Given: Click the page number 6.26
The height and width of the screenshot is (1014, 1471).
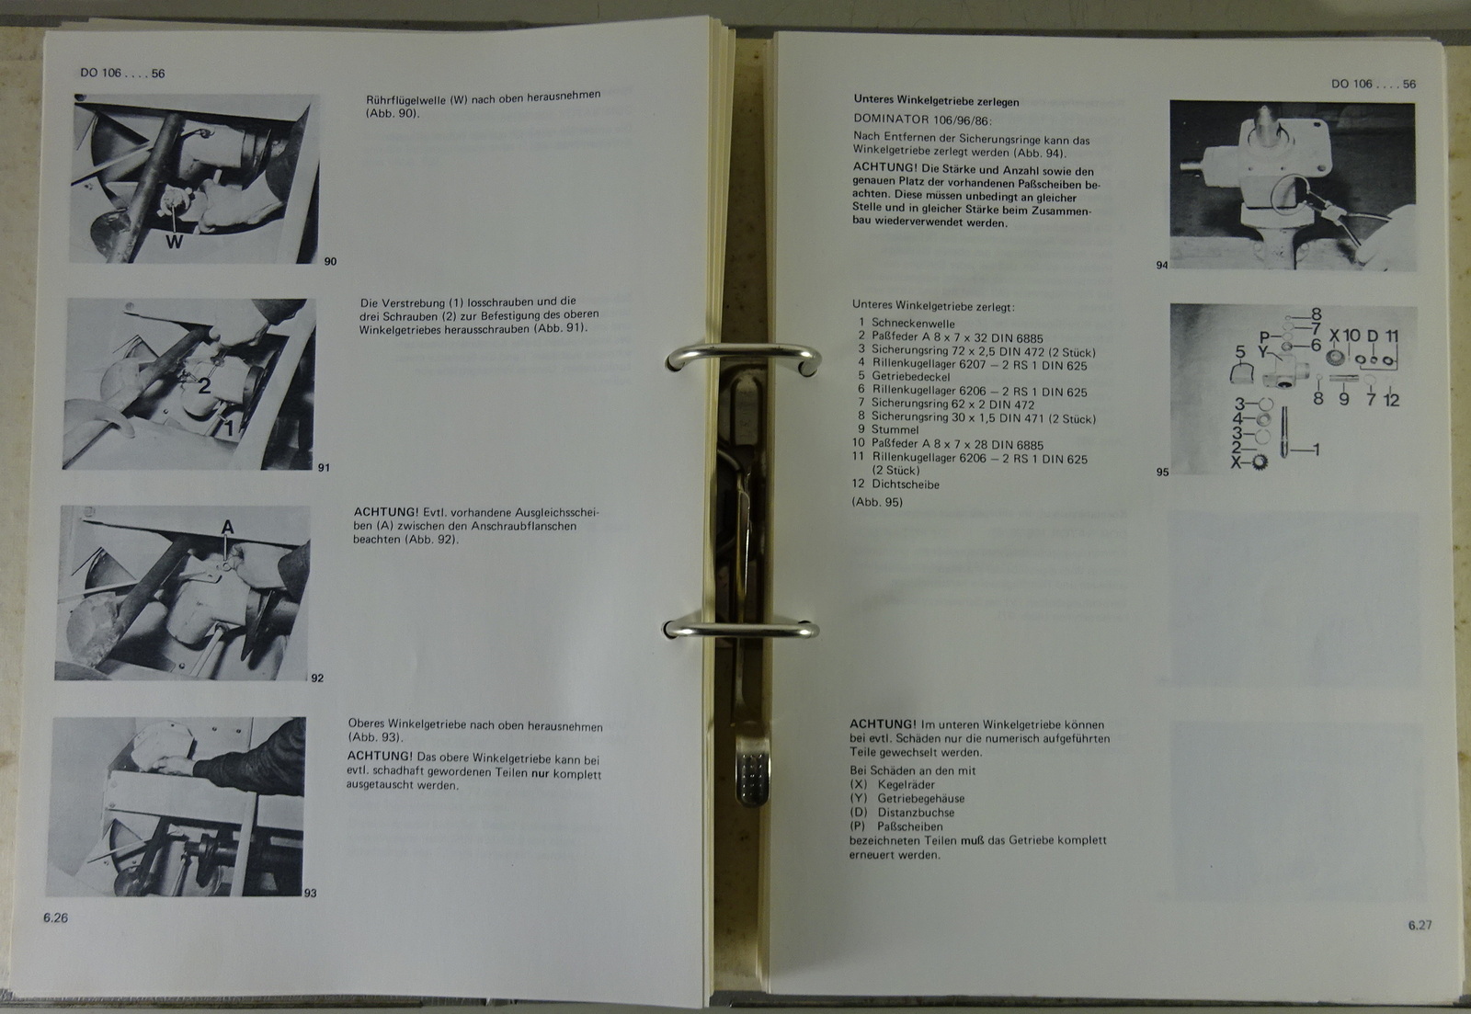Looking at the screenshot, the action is [x=56, y=917].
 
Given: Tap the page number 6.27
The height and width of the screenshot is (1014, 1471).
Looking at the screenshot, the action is [x=1420, y=926].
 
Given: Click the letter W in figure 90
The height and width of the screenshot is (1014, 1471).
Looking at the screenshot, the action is [x=174, y=242].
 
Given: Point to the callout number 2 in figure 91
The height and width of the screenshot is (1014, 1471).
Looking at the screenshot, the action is [x=204, y=385].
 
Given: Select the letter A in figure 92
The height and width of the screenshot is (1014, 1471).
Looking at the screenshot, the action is [x=227, y=527].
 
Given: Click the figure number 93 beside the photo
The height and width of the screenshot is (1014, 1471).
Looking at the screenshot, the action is [x=311, y=894].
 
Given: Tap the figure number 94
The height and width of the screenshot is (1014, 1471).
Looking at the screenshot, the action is [x=1162, y=266].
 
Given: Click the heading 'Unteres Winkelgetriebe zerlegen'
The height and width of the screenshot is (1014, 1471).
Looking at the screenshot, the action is [x=937, y=101].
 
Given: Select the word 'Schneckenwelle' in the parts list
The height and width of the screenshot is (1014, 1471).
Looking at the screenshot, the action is [x=914, y=323].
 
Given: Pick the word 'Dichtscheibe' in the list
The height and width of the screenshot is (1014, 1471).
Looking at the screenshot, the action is [x=906, y=484].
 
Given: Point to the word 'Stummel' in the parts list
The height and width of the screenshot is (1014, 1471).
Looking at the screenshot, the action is [x=895, y=429].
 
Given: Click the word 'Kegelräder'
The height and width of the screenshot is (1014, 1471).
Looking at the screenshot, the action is [x=907, y=785].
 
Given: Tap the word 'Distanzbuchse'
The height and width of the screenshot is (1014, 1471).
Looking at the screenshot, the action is [x=916, y=813].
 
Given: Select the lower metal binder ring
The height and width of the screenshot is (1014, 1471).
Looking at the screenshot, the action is [x=742, y=629].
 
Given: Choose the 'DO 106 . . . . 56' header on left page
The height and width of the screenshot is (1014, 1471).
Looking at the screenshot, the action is [x=122, y=73].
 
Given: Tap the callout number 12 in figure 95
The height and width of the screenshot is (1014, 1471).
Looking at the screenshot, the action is [x=1392, y=400].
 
